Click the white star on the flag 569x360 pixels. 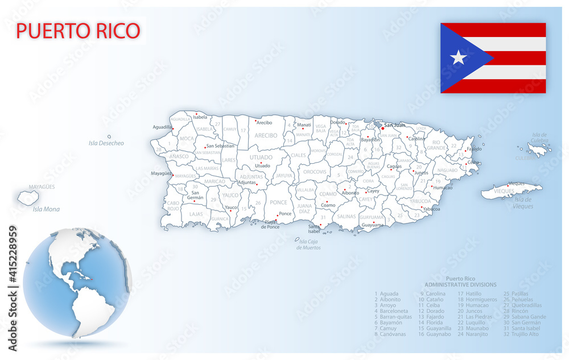pyautogui.click(x=458, y=57)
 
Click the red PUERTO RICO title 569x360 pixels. pyautogui.click(x=78, y=31)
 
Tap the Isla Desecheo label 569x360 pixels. pyautogui.click(x=106, y=143)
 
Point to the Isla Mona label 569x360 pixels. pyautogui.click(x=46, y=209)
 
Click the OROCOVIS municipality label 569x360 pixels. pyautogui.click(x=315, y=171)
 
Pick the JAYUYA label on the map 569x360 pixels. pyautogui.click(x=284, y=176)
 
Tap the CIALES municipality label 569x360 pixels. pyautogui.click(x=298, y=155)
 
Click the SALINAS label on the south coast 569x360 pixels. pyautogui.click(x=346, y=216)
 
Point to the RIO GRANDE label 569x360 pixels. pyautogui.click(x=436, y=145)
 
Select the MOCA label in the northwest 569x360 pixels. pyautogui.click(x=187, y=139)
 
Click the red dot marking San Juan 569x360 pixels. pyautogui.click(x=383, y=129)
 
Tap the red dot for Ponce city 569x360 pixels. pyautogui.click(x=277, y=216)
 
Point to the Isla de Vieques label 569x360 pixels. pyautogui.click(x=523, y=203)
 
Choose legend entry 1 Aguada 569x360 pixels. pyautogui.click(x=387, y=293)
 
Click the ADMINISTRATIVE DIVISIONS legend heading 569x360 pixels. pyautogui.click(x=460, y=284)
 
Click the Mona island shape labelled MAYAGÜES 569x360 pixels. pyautogui.click(x=28, y=198)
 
